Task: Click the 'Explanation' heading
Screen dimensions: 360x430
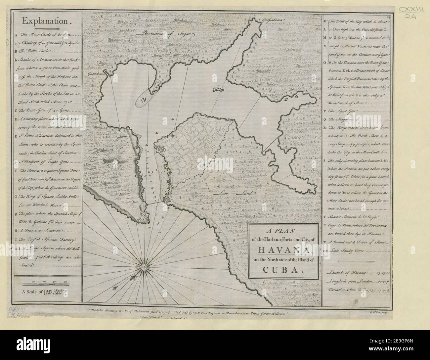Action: click(x=46, y=21)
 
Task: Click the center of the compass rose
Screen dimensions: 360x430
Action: click(x=143, y=266)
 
